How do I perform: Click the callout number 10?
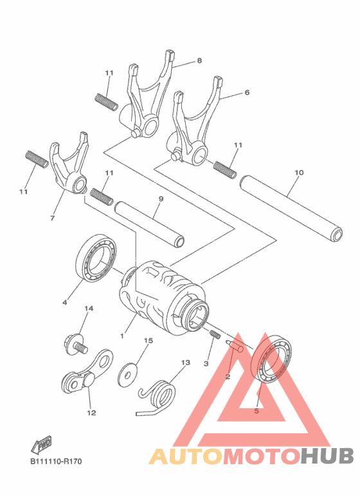pyautogui.click(x=298, y=172)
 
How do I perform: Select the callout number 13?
pyautogui.click(x=185, y=363)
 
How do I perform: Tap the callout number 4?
pyautogui.click(x=64, y=302)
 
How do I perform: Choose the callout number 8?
pyautogui.click(x=199, y=60)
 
